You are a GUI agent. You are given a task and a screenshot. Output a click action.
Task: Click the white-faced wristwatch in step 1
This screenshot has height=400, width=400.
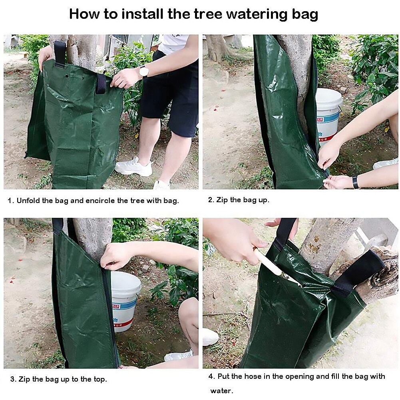tap(143, 72)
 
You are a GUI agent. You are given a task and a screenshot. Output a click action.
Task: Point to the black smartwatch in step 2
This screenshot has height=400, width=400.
tap(355, 182)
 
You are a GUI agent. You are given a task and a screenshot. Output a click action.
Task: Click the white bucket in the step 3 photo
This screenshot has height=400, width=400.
tap(125, 300)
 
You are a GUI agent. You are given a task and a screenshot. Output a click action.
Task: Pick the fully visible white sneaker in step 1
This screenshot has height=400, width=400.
tap(134, 167)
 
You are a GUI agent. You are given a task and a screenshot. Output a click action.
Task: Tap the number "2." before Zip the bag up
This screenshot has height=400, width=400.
tap(211, 200)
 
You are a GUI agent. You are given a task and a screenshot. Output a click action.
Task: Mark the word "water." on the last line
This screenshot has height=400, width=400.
tap(222, 390)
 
